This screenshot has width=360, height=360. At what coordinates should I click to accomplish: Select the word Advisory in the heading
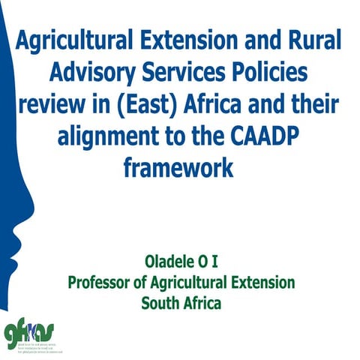coord(90,72)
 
